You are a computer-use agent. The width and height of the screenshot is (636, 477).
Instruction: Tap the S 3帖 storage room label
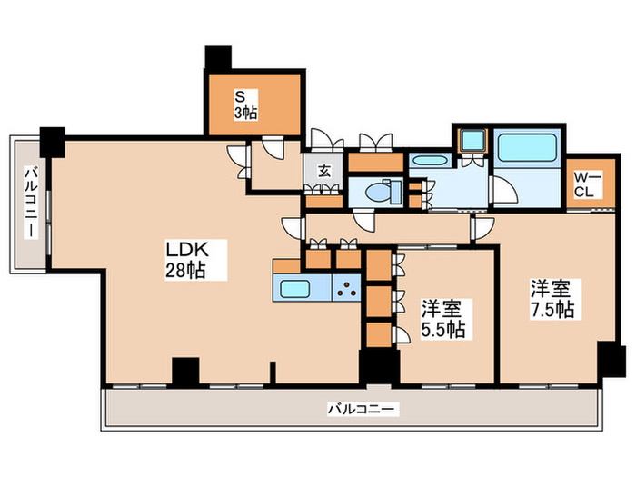(245, 104)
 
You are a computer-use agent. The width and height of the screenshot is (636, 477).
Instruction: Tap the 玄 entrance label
(323, 169)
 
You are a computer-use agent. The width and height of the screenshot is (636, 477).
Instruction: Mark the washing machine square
(472, 142)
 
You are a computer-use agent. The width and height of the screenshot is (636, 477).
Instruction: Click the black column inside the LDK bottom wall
(185, 371)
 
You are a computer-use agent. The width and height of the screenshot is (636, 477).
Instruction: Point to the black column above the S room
(218, 56)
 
